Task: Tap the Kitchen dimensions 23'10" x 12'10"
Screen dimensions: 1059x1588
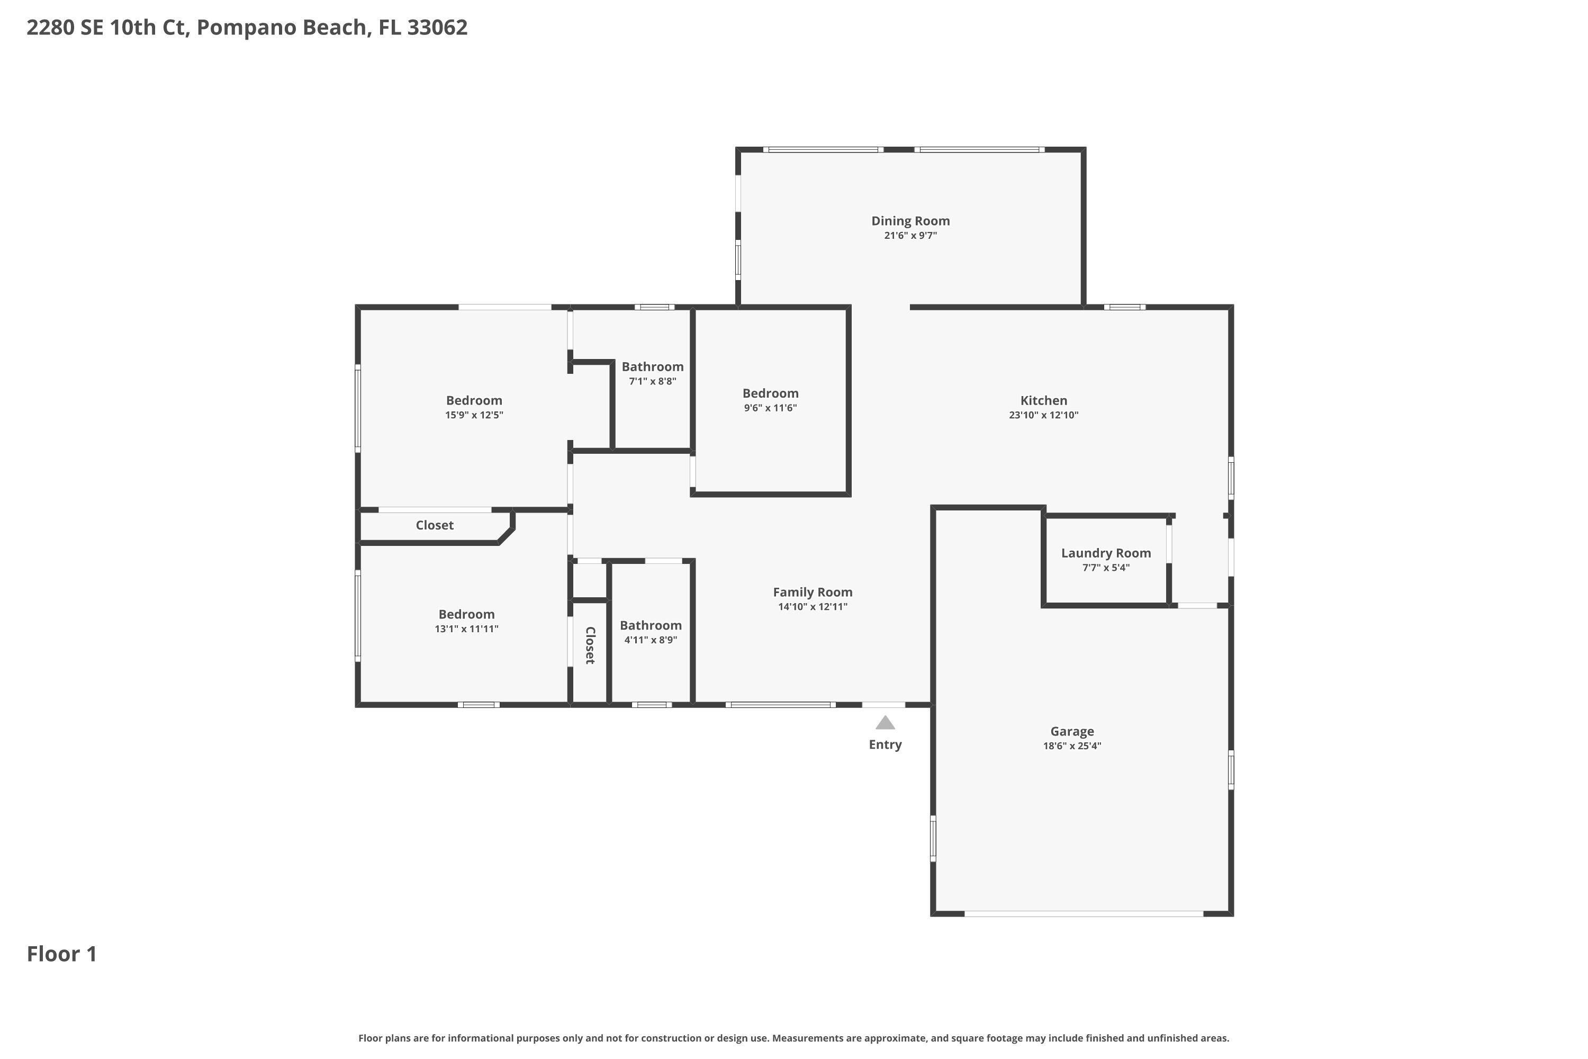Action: [1043, 415]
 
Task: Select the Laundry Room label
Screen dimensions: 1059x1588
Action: [1105, 553]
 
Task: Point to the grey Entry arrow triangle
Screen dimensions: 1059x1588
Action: [885, 723]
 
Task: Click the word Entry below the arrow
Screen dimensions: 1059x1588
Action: [885, 744]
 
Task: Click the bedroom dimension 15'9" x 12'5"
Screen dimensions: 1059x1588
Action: [474, 415]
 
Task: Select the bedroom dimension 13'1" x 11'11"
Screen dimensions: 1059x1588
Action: [466, 629]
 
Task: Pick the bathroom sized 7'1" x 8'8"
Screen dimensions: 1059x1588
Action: [652, 367]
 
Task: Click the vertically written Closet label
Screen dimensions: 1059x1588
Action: [590, 645]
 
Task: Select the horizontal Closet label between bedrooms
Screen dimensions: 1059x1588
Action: [434, 525]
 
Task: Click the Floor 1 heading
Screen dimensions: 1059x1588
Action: [61, 954]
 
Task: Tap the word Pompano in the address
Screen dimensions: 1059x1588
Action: [247, 28]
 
